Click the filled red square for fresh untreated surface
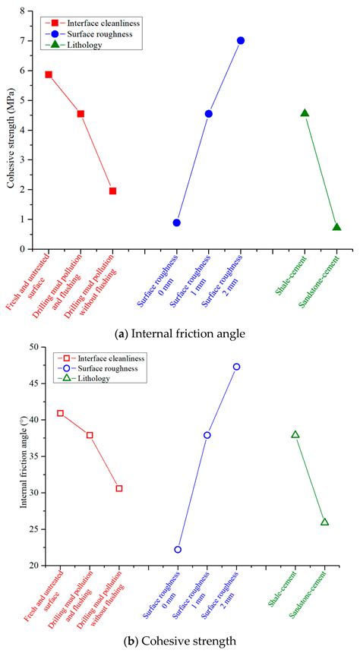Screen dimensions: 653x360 tap(49, 74)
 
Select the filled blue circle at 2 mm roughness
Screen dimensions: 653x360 tap(241, 40)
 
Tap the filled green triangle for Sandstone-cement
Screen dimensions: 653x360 tap(336, 227)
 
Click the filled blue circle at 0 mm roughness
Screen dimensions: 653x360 tap(177, 222)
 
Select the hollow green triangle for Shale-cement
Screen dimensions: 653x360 tap(295, 435)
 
